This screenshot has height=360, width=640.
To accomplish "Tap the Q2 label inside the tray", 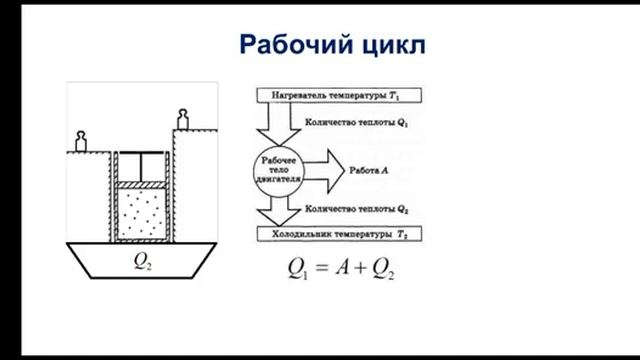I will coord(144,265).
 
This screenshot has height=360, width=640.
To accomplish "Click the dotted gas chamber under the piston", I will coord(144,212).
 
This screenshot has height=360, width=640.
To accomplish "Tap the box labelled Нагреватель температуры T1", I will coord(340,96).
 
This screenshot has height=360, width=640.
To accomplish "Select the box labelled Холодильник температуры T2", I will coord(340,233).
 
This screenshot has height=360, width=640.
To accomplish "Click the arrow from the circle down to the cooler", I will coord(273,209).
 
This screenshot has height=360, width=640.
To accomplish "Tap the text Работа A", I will coord(371,169).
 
